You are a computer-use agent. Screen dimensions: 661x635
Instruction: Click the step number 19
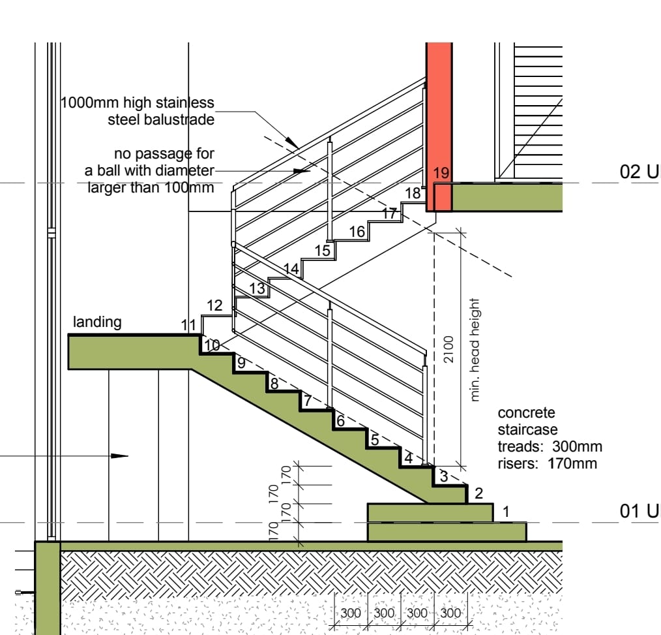(441, 173)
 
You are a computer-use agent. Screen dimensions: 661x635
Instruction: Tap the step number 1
(507, 512)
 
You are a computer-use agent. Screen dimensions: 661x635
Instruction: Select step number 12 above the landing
(214, 305)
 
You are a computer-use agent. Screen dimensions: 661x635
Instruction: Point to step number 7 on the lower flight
(308, 400)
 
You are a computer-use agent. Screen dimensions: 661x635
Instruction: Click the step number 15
(323, 251)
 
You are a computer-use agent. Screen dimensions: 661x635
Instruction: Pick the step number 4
(408, 457)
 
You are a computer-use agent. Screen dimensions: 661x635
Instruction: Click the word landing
(97, 322)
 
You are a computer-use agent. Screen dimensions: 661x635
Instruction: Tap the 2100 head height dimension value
(448, 349)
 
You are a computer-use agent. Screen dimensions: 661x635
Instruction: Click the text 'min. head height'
(475, 350)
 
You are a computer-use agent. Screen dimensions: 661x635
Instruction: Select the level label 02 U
(639, 172)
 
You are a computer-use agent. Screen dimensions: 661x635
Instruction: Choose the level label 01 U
(639, 511)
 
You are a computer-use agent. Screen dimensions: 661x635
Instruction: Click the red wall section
(439, 127)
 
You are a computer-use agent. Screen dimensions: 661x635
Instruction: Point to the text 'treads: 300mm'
(550, 446)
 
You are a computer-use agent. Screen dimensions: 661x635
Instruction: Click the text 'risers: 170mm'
(547, 463)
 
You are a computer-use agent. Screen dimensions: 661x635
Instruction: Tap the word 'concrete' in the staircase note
(526, 412)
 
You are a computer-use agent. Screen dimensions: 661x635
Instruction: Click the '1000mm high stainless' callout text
(138, 102)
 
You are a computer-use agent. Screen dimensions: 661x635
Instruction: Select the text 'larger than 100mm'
(151, 187)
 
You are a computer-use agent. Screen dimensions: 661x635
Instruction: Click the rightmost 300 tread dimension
(450, 613)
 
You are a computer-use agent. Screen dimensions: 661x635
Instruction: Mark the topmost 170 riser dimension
(286, 474)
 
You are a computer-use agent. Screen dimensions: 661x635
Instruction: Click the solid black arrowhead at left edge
(119, 456)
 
